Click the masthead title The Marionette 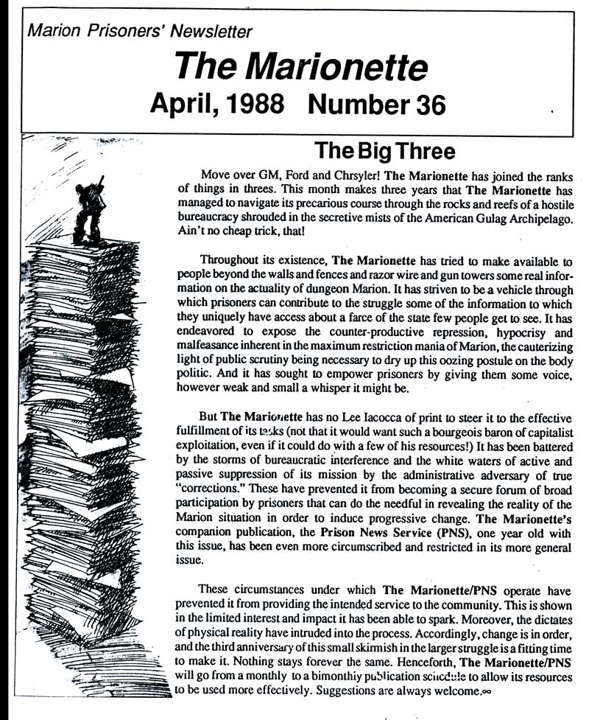301,68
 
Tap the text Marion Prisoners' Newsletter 139,31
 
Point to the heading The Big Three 384,152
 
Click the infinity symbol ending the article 485,693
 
